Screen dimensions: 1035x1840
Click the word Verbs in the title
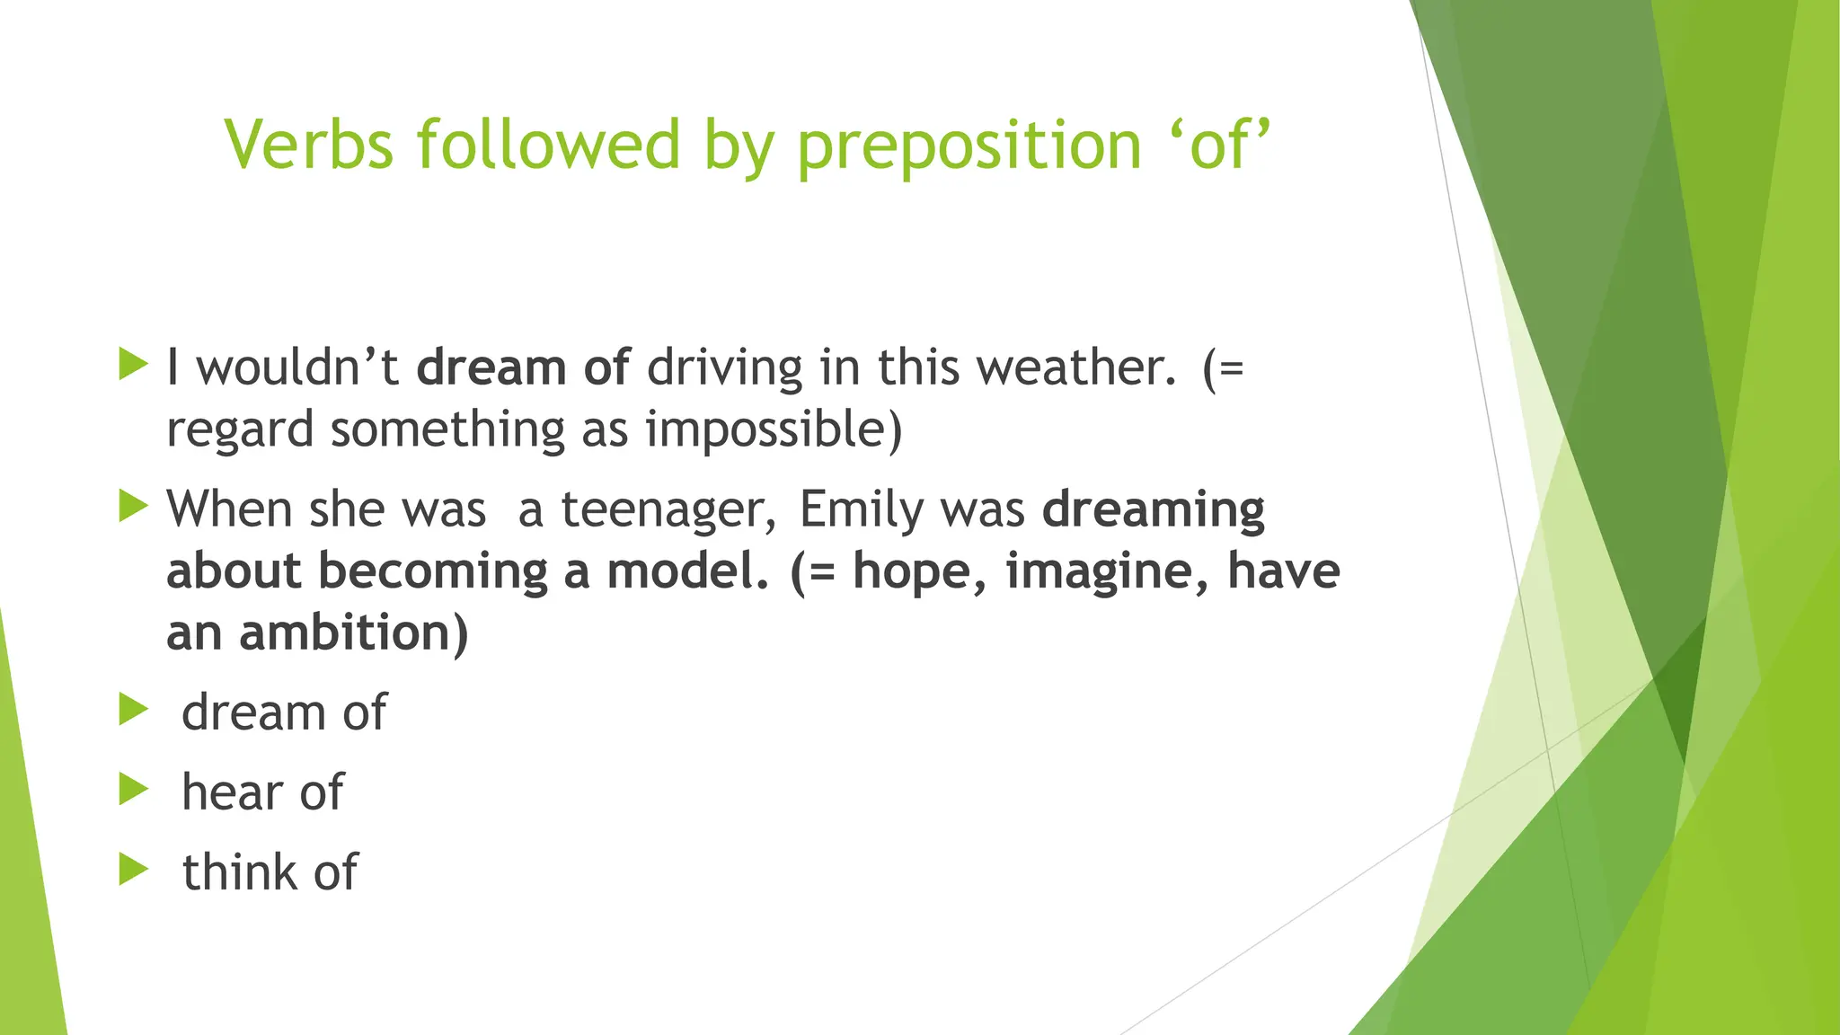[309, 145]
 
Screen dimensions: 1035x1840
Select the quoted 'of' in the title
[1221, 145]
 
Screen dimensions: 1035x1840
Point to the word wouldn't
[297, 368]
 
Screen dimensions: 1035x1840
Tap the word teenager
[668, 510]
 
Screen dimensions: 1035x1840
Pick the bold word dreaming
[1154, 510]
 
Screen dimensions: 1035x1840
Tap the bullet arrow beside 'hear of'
[133, 790]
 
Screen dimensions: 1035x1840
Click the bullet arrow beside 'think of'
[133, 869]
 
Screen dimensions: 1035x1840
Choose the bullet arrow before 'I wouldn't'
[133, 365]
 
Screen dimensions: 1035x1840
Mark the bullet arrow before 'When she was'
[133, 506]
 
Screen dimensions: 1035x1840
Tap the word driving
[724, 368]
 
